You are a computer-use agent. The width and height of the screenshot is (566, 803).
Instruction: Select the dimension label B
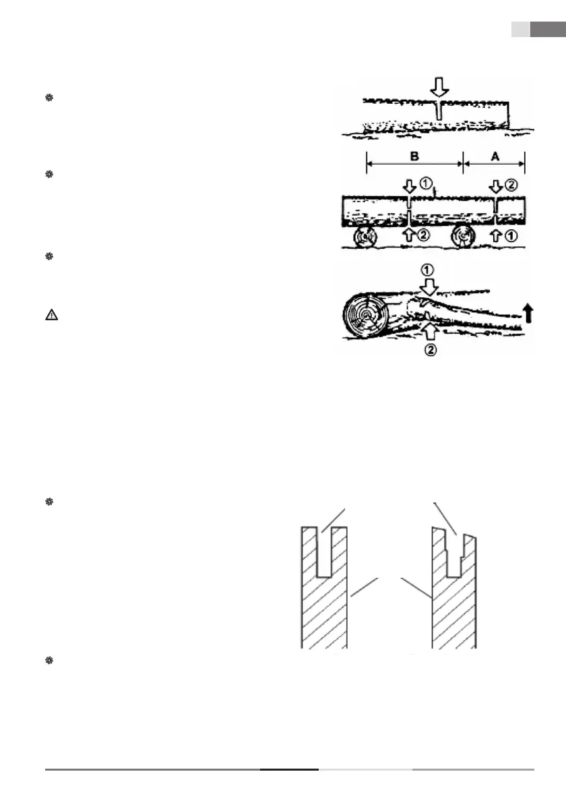tap(415, 156)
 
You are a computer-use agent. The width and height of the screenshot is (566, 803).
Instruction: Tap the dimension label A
tap(494, 156)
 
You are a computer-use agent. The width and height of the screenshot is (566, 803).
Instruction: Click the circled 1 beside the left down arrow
tap(427, 182)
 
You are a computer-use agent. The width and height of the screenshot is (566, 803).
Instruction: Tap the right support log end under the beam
tap(465, 238)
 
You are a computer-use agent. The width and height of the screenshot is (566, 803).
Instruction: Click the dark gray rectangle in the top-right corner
tap(547, 30)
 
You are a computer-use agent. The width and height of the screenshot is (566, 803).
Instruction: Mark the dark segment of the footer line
tap(289, 769)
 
